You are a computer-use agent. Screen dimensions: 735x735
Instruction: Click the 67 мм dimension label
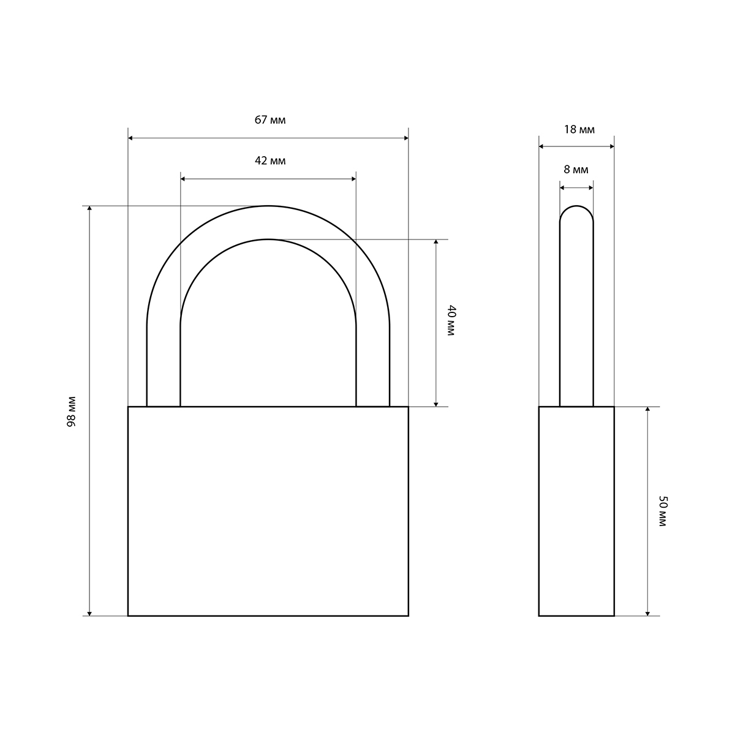[270, 120]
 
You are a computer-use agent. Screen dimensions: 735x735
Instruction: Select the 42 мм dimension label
[270, 161]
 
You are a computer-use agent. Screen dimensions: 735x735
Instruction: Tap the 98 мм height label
[71, 412]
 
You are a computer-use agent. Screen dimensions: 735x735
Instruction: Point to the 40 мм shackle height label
[451, 320]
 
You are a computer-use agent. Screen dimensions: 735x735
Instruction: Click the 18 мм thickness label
[579, 130]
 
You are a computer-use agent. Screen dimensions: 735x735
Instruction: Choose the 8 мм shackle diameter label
[576, 170]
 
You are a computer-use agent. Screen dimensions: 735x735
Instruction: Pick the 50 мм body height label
[663, 511]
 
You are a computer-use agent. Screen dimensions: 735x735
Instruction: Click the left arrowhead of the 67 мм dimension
[130, 138]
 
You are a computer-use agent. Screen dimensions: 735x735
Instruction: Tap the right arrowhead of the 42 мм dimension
[353, 179]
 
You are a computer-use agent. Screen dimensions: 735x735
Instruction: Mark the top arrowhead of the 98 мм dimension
[89, 208]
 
